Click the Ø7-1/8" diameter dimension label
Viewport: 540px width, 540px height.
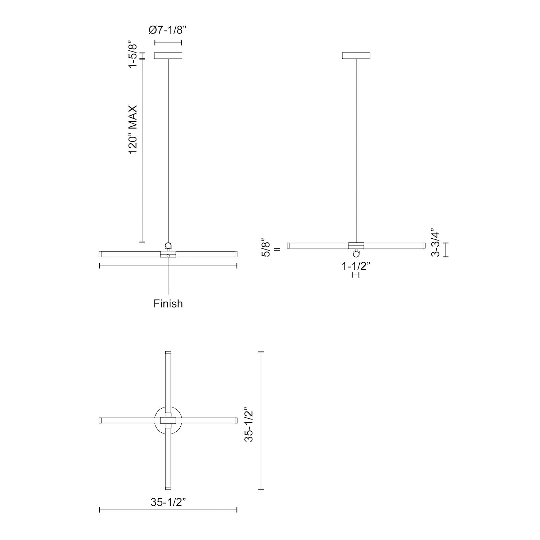point(167,30)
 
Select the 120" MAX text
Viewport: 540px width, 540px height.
point(133,129)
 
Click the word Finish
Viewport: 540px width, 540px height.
point(168,303)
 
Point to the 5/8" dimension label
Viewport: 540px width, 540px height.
point(265,247)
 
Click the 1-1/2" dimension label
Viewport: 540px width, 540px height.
point(356,266)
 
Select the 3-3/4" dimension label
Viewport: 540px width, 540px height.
point(435,242)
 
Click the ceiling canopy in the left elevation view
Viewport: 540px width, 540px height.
point(168,55)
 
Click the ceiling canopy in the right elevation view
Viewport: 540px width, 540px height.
point(356,55)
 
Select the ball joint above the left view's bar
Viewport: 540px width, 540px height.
point(168,246)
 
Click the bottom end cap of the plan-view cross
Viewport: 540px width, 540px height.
point(168,487)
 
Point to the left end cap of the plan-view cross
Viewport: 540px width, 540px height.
point(101,420)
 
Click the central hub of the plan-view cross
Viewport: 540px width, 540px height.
point(168,420)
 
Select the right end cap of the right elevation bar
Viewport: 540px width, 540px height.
point(424,246)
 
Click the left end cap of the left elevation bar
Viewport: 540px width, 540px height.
point(101,254)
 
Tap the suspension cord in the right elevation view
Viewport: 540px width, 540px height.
point(356,144)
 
